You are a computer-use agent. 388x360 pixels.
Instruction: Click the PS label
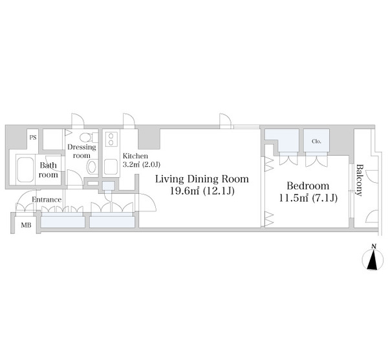pyautogui.click(x=33, y=137)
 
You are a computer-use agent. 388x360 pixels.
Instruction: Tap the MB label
pyautogui.click(x=26, y=226)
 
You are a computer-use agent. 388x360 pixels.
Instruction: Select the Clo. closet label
pyautogui.click(x=316, y=142)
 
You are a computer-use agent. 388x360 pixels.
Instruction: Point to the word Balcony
pyautogui.click(x=359, y=180)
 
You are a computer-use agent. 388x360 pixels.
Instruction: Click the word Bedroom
pyautogui.click(x=308, y=185)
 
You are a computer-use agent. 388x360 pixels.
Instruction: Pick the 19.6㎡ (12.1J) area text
pyautogui.click(x=202, y=191)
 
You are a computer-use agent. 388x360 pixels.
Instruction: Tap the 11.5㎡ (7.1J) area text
pyautogui.click(x=308, y=198)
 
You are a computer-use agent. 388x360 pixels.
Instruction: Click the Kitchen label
pyautogui.click(x=135, y=156)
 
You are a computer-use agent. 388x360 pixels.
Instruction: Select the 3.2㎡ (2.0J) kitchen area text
pyautogui.click(x=141, y=164)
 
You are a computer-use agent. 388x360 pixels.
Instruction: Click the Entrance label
pyautogui.click(x=47, y=200)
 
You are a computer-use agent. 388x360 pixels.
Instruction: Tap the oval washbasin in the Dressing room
pyautogui.click(x=92, y=167)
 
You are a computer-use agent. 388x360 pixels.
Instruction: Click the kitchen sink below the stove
pyautogui.click(x=111, y=167)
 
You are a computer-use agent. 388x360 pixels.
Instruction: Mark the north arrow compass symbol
pyautogui.click(x=373, y=260)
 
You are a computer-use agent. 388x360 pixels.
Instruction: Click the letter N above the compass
pyautogui.click(x=374, y=246)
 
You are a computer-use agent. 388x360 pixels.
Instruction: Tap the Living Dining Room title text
pyautogui.click(x=202, y=179)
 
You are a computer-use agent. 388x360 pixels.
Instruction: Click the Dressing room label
pyautogui.click(x=81, y=151)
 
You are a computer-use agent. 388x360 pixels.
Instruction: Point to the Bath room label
pyautogui.click(x=48, y=170)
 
